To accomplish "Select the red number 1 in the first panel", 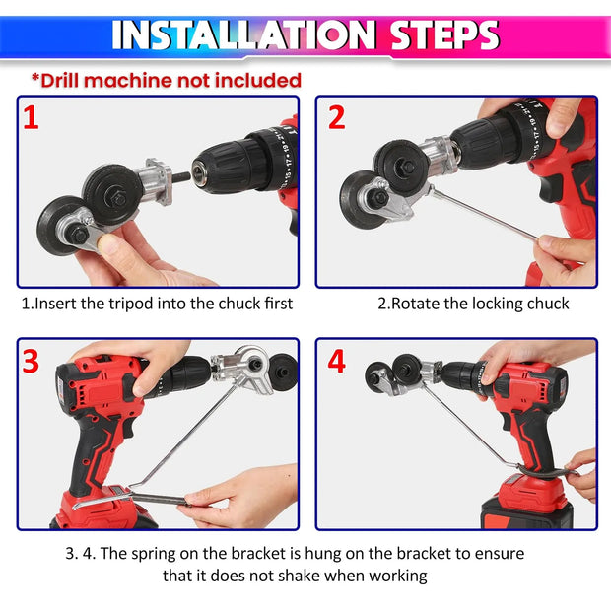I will pos(32,119).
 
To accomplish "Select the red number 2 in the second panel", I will pos(337,118).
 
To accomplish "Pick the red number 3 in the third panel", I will pos(32,361).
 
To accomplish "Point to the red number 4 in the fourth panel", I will pos(337,362).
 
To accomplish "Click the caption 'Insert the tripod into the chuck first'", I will pos(157,304).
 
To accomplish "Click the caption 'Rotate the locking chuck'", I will pos(473,304).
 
